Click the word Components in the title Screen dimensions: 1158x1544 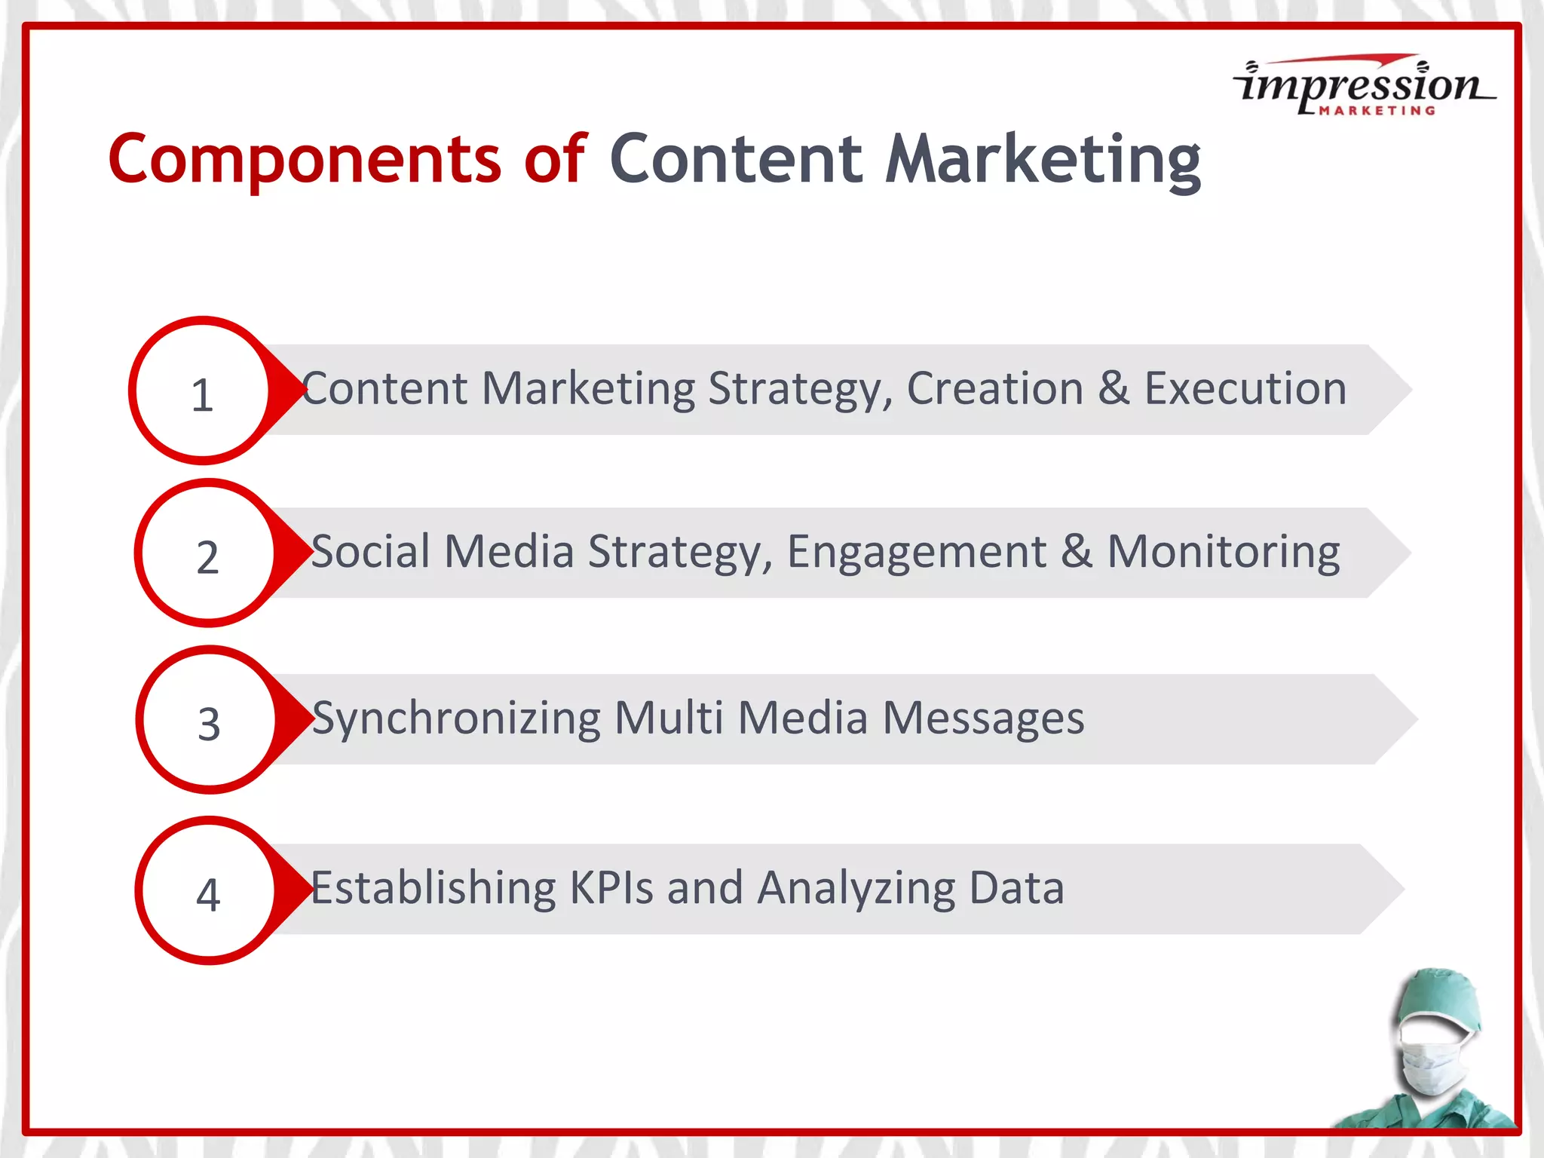tap(305, 159)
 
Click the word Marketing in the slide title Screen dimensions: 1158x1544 tap(1043, 159)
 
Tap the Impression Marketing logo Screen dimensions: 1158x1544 tap(1363, 85)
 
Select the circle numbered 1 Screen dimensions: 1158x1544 tap(201, 391)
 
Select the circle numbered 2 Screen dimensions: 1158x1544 tap(207, 554)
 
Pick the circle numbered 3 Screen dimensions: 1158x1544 tap(209, 721)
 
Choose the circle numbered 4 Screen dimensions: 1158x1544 tap(208, 891)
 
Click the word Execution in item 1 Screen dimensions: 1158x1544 tap(1245, 389)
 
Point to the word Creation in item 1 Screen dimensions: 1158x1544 tap(994, 389)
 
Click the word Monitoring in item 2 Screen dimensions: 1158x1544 tap(1223, 552)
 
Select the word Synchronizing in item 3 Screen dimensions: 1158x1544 tap(456, 718)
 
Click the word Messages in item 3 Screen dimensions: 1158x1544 tap(983, 718)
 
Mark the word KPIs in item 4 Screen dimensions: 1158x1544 tap(611, 888)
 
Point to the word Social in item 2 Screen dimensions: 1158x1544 tap(370, 552)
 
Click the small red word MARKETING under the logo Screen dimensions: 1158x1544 tap(1377, 111)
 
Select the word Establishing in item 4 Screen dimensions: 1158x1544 tap(433, 888)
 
